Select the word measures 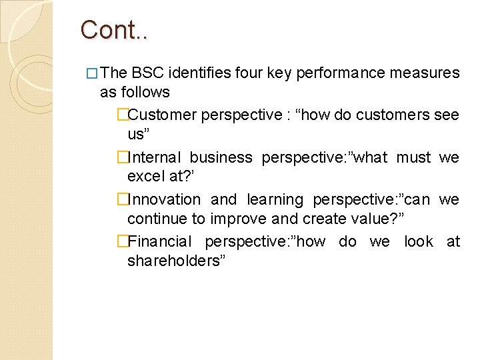pos(425,73)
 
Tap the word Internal pos(154,158)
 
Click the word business pos(221,158)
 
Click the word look pos(419,242)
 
